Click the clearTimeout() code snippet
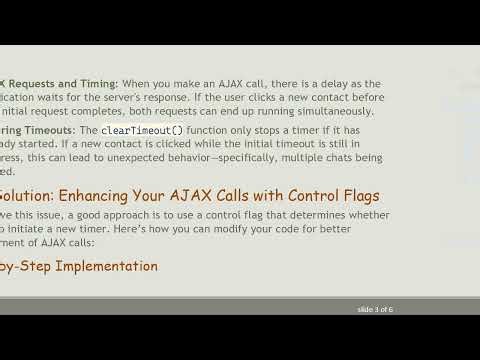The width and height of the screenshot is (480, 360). (142, 131)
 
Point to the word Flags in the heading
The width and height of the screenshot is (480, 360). (357, 195)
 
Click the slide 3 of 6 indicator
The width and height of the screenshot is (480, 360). (375, 309)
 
